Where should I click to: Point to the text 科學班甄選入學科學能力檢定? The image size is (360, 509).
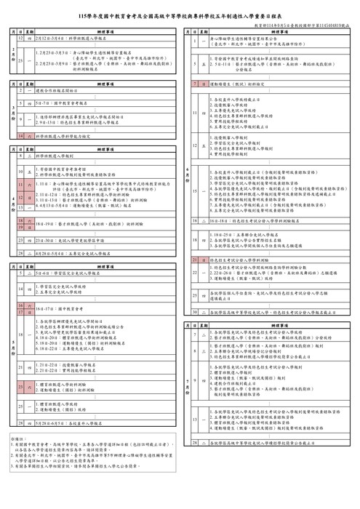coord(65,135)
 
